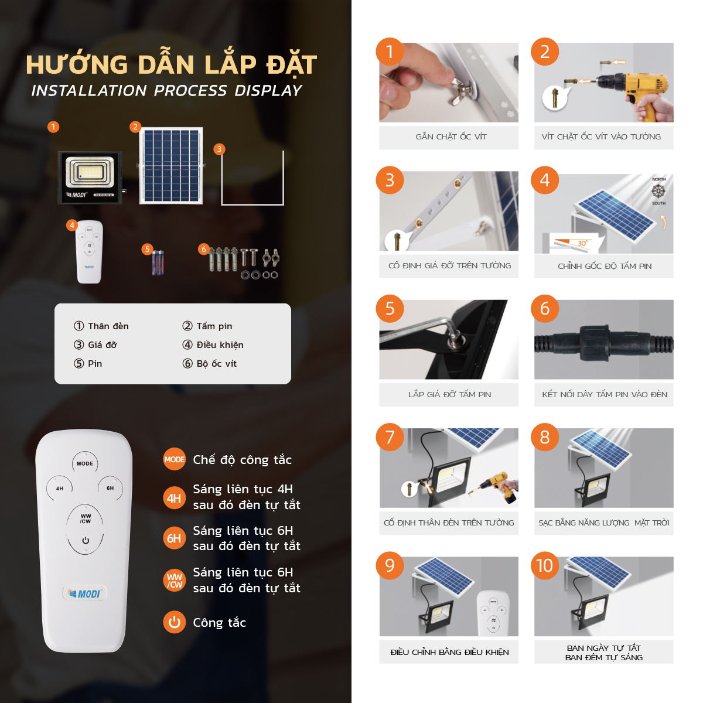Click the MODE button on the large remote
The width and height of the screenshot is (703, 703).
point(85,463)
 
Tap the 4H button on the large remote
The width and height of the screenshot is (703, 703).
point(60,488)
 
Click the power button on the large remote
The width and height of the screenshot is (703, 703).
point(86,541)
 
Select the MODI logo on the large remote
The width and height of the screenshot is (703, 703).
point(85,593)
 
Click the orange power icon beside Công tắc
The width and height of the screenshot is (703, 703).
point(174,622)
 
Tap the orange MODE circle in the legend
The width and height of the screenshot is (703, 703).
point(174,459)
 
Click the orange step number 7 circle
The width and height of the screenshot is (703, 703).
point(390,437)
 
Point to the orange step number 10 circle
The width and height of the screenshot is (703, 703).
point(545,565)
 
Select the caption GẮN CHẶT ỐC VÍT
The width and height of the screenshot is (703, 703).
point(451,136)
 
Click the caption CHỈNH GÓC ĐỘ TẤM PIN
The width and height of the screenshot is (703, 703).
point(604,266)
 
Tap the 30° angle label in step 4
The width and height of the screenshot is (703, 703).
point(582,243)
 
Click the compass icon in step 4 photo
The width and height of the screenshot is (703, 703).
point(658,191)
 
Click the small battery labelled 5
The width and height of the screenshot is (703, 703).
point(158,262)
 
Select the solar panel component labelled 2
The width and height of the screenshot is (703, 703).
point(171,166)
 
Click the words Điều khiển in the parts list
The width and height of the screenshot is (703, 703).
point(220,344)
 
